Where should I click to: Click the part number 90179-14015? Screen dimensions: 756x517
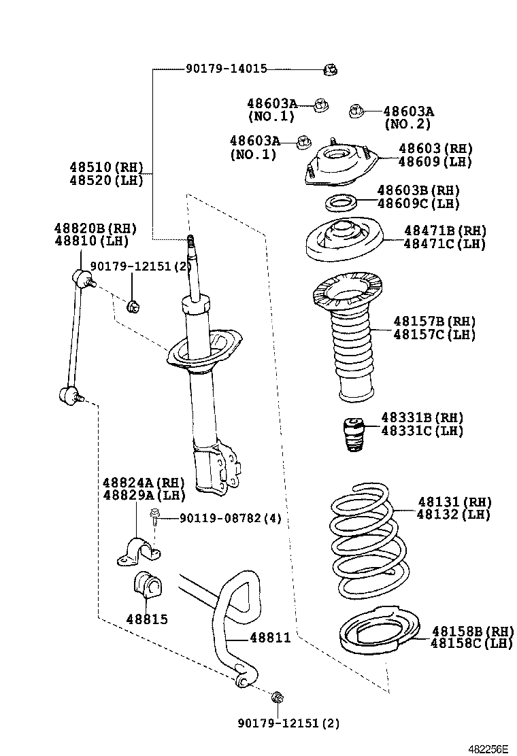coord(226,69)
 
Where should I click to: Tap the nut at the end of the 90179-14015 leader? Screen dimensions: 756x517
coord(331,69)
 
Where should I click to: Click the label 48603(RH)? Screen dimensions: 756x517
coord(435,149)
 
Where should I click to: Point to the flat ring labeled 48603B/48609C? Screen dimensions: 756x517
coord(338,202)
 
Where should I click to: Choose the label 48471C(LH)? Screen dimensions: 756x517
coord(444,244)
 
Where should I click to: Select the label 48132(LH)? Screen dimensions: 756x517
coord(453,515)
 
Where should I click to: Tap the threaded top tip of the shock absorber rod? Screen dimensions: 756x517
coord(192,241)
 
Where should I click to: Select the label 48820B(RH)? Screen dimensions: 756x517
coord(95,228)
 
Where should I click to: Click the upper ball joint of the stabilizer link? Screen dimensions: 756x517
coord(81,278)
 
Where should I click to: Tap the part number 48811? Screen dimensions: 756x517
coord(270,638)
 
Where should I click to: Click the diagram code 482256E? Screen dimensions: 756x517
coord(488,748)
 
